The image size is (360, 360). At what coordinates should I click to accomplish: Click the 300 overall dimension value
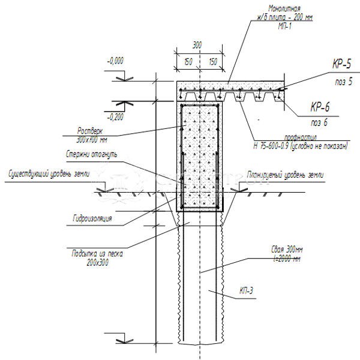[x=198, y=45]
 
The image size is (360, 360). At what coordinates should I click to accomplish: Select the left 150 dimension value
[x=187, y=61]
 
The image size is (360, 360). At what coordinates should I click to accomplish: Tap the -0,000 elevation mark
[x=115, y=61]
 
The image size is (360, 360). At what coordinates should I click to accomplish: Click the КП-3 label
[x=247, y=291]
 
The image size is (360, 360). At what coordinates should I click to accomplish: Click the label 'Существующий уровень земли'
[x=49, y=175]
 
